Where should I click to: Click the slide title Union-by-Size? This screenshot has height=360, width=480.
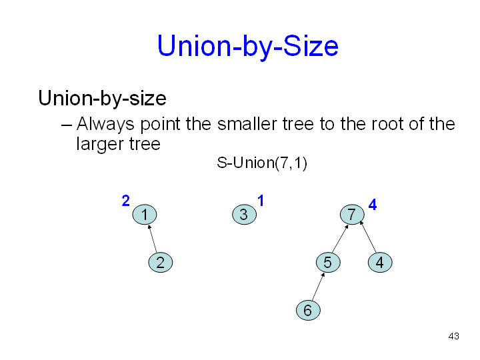coord(247,47)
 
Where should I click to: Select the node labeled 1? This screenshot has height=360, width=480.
coord(144,215)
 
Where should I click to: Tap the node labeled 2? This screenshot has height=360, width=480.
coord(160,263)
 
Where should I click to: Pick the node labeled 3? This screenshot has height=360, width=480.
coord(243,215)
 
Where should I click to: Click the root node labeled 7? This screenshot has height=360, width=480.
coord(351,215)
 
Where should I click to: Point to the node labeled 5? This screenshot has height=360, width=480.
coord(327,263)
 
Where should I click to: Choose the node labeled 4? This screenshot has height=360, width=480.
coord(379,263)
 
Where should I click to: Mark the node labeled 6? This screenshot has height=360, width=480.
coord(307,310)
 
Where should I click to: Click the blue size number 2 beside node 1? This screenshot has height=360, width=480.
coord(125,200)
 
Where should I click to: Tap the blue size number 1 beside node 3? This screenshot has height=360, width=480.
coord(261,200)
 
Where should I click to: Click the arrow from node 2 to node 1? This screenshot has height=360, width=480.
coord(153,239)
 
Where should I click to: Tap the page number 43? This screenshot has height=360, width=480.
coord(454,336)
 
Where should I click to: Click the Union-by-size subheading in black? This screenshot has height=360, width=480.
coord(102,99)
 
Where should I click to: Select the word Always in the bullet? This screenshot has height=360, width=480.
coord(105,124)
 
